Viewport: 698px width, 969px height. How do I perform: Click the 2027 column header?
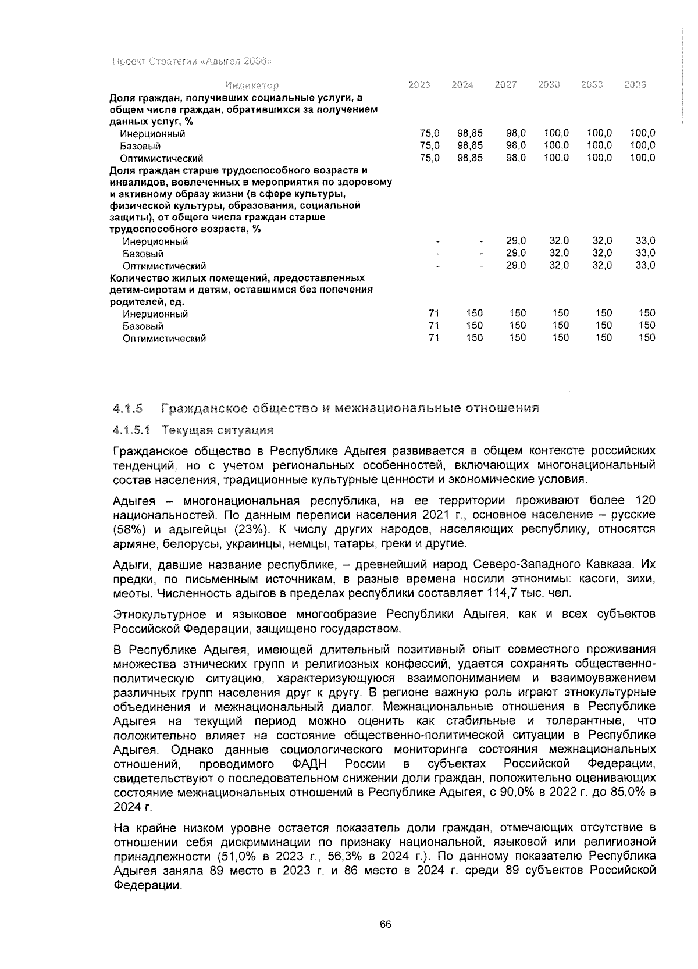(505, 85)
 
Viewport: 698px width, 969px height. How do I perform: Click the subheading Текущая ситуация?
(218, 431)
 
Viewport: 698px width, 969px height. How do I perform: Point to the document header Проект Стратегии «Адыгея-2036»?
(193, 62)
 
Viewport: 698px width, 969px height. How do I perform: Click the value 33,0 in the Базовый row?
(645, 253)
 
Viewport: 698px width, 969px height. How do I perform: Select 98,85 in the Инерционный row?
(470, 134)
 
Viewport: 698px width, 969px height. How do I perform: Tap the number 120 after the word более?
(645, 501)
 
